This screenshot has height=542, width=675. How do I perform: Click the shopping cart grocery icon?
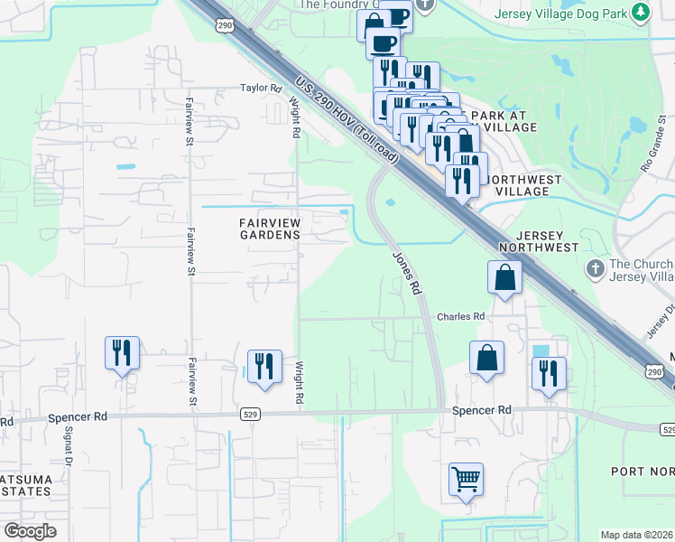(x=466, y=480)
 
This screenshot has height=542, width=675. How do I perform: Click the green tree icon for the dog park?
(x=641, y=13)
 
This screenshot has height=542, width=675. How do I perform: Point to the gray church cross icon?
(x=595, y=268)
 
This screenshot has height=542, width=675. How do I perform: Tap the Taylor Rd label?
(x=261, y=88)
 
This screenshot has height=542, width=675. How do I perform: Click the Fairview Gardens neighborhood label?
(x=269, y=229)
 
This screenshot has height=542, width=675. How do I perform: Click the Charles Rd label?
(x=461, y=316)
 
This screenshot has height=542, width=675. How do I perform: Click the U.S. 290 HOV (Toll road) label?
(x=346, y=121)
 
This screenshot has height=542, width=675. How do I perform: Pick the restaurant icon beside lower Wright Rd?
(x=264, y=366)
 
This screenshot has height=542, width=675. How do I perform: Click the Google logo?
(x=30, y=531)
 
